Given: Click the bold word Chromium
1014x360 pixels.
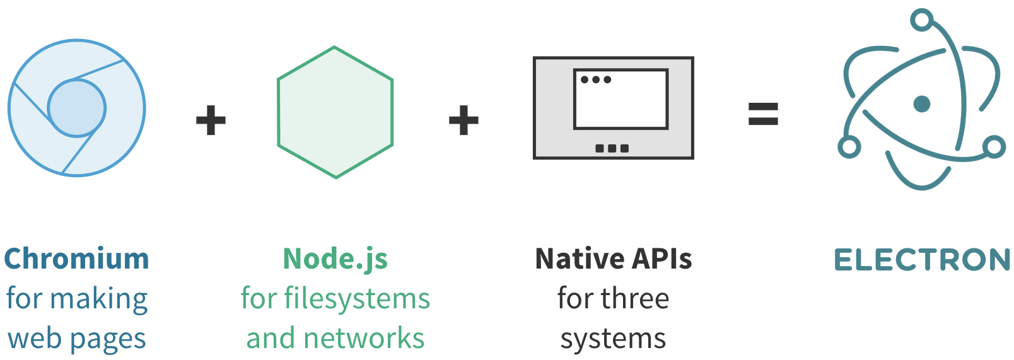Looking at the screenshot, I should click(x=76, y=259).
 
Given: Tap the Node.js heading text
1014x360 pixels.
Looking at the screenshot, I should click(x=335, y=259).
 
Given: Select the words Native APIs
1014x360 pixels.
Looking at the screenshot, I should click(x=613, y=259).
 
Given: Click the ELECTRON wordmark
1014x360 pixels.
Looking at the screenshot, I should click(x=922, y=260).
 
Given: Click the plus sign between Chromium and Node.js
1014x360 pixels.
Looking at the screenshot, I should click(x=211, y=120).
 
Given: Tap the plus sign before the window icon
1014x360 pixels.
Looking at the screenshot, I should click(x=463, y=120).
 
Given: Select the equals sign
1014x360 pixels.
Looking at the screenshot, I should click(x=763, y=114).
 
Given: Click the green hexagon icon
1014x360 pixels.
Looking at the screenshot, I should click(x=335, y=112).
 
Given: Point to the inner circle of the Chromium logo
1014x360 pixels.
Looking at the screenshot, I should click(x=77, y=108).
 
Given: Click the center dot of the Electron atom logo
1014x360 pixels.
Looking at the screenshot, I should click(x=922, y=103).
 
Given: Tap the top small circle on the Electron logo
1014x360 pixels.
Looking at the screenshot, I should click(x=922, y=20).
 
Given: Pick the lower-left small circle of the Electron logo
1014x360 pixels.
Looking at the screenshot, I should click(x=849, y=148).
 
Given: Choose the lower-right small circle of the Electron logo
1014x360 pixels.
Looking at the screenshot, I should click(x=994, y=148).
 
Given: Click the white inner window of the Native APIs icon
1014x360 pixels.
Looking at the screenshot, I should click(x=621, y=104).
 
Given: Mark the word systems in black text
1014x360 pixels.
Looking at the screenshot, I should click(x=613, y=339).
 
